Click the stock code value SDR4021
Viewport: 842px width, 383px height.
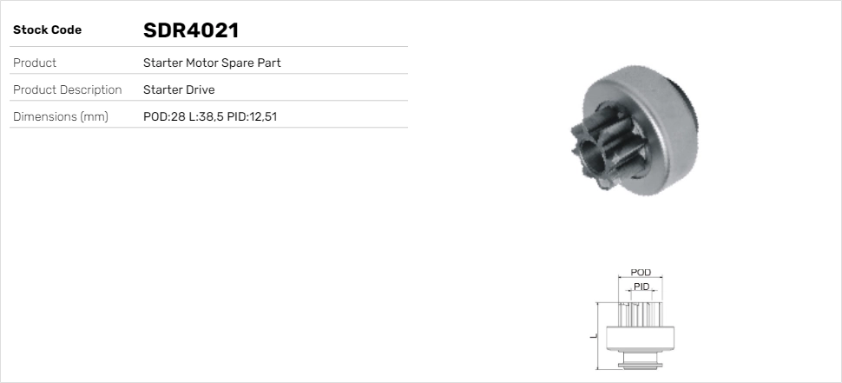191,30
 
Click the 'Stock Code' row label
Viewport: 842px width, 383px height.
47,30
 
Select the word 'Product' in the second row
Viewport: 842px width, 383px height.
35,63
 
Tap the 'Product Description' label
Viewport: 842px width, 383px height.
67,89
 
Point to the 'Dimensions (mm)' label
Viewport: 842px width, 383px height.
61,116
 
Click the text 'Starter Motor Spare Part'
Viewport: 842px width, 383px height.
212,63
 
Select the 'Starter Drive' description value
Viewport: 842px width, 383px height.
179,89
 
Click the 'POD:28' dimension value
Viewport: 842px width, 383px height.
164,116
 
